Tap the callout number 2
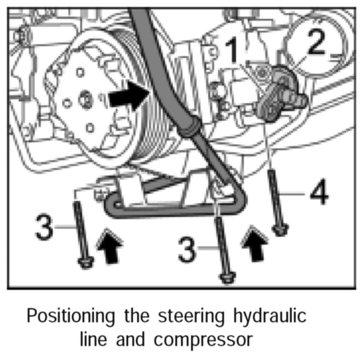pos(322,40)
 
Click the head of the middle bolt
pos(228,278)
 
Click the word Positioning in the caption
pos(70,317)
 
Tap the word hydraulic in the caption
pos(268,317)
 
